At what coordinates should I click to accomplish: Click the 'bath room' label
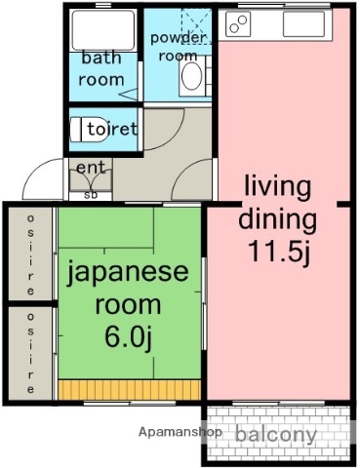(101, 68)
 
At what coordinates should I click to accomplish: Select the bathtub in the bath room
(102, 30)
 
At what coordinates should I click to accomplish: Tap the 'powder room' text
(179, 47)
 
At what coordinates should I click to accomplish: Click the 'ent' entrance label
(91, 168)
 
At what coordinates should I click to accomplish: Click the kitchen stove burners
(239, 24)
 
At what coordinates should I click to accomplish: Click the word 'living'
(277, 185)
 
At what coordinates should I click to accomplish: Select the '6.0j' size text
(130, 336)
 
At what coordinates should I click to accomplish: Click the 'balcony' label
(275, 434)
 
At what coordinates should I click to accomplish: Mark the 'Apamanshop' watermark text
(180, 431)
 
